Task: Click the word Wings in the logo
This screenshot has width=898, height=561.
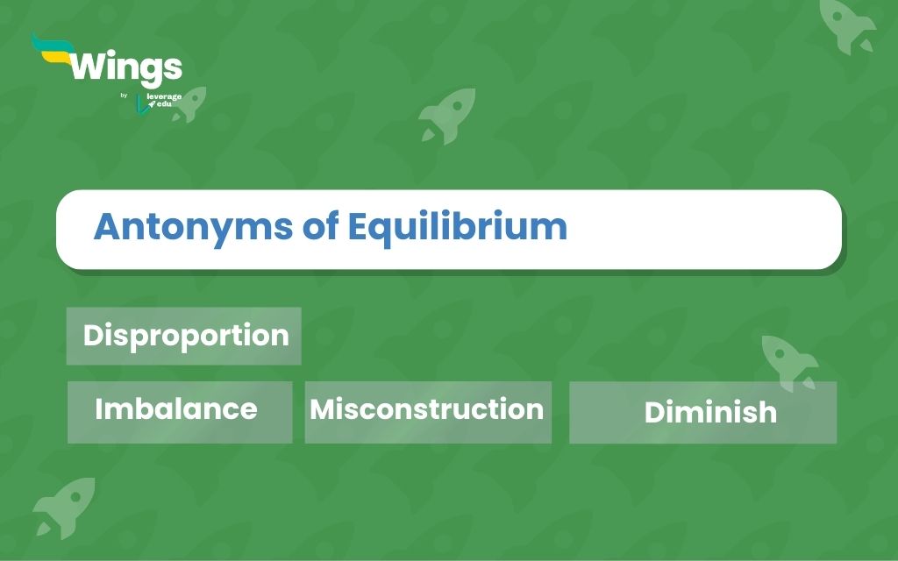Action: coord(126,68)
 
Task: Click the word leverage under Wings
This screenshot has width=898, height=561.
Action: coord(164,96)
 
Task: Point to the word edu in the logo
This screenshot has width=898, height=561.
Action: coord(164,104)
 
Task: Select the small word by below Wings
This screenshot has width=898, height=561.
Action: coord(124,96)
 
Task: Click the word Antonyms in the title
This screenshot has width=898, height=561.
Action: coord(193,227)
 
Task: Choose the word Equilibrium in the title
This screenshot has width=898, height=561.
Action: coord(457,227)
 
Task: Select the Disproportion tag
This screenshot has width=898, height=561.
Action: coord(184,336)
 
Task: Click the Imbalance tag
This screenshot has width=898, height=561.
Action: coord(180,412)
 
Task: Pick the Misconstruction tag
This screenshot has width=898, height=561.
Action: coord(428,412)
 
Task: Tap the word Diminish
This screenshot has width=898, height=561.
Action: coord(710,412)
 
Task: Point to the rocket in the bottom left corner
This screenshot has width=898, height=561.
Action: coord(65,508)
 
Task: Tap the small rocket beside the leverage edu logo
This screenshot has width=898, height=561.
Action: coord(190,103)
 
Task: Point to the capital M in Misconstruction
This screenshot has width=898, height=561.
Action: coord(322,409)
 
